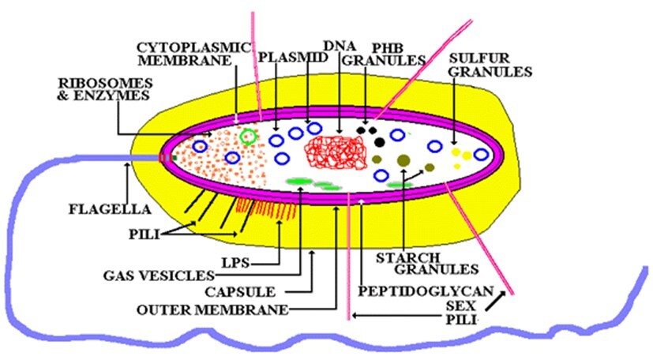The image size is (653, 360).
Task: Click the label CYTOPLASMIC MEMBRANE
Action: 185,52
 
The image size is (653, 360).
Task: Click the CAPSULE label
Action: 262,291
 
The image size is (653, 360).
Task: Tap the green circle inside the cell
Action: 250,137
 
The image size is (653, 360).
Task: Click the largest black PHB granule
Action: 380,142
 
